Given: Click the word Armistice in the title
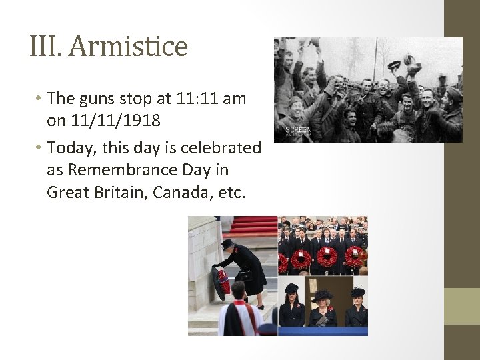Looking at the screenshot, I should pyautogui.click(x=128, y=47).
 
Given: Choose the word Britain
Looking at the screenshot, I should pyautogui.click(x=117, y=193).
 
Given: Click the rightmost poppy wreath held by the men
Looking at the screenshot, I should pyautogui.click(x=354, y=256).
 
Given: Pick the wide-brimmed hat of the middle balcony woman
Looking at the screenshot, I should pyautogui.click(x=323, y=295).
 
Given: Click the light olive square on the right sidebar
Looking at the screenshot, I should pyautogui.click(x=462, y=306).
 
